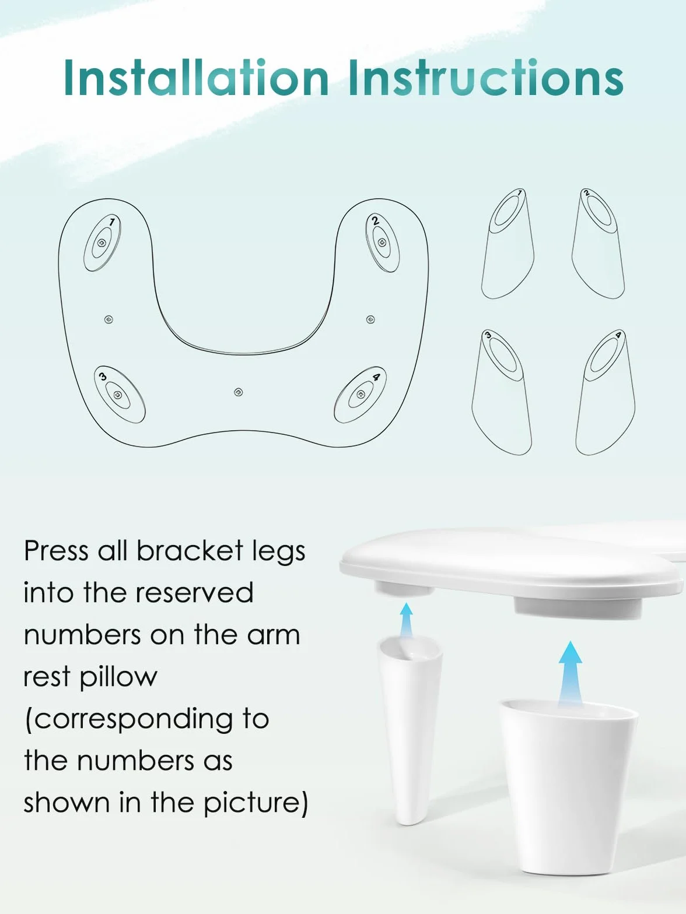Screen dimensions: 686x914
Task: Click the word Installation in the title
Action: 197,78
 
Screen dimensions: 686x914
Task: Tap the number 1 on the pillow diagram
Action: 111,222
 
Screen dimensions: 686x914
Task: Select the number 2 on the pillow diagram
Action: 375,221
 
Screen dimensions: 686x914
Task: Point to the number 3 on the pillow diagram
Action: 103,377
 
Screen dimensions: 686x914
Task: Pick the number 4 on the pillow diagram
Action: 376,377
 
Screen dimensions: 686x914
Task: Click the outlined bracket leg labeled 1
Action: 508,244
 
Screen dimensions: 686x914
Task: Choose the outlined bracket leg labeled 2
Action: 598,244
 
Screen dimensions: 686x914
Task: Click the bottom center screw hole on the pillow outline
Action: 238,392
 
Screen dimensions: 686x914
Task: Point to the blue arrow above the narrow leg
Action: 406,620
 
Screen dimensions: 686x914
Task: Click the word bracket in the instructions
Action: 190,550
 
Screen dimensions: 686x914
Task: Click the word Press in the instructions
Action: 56,551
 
